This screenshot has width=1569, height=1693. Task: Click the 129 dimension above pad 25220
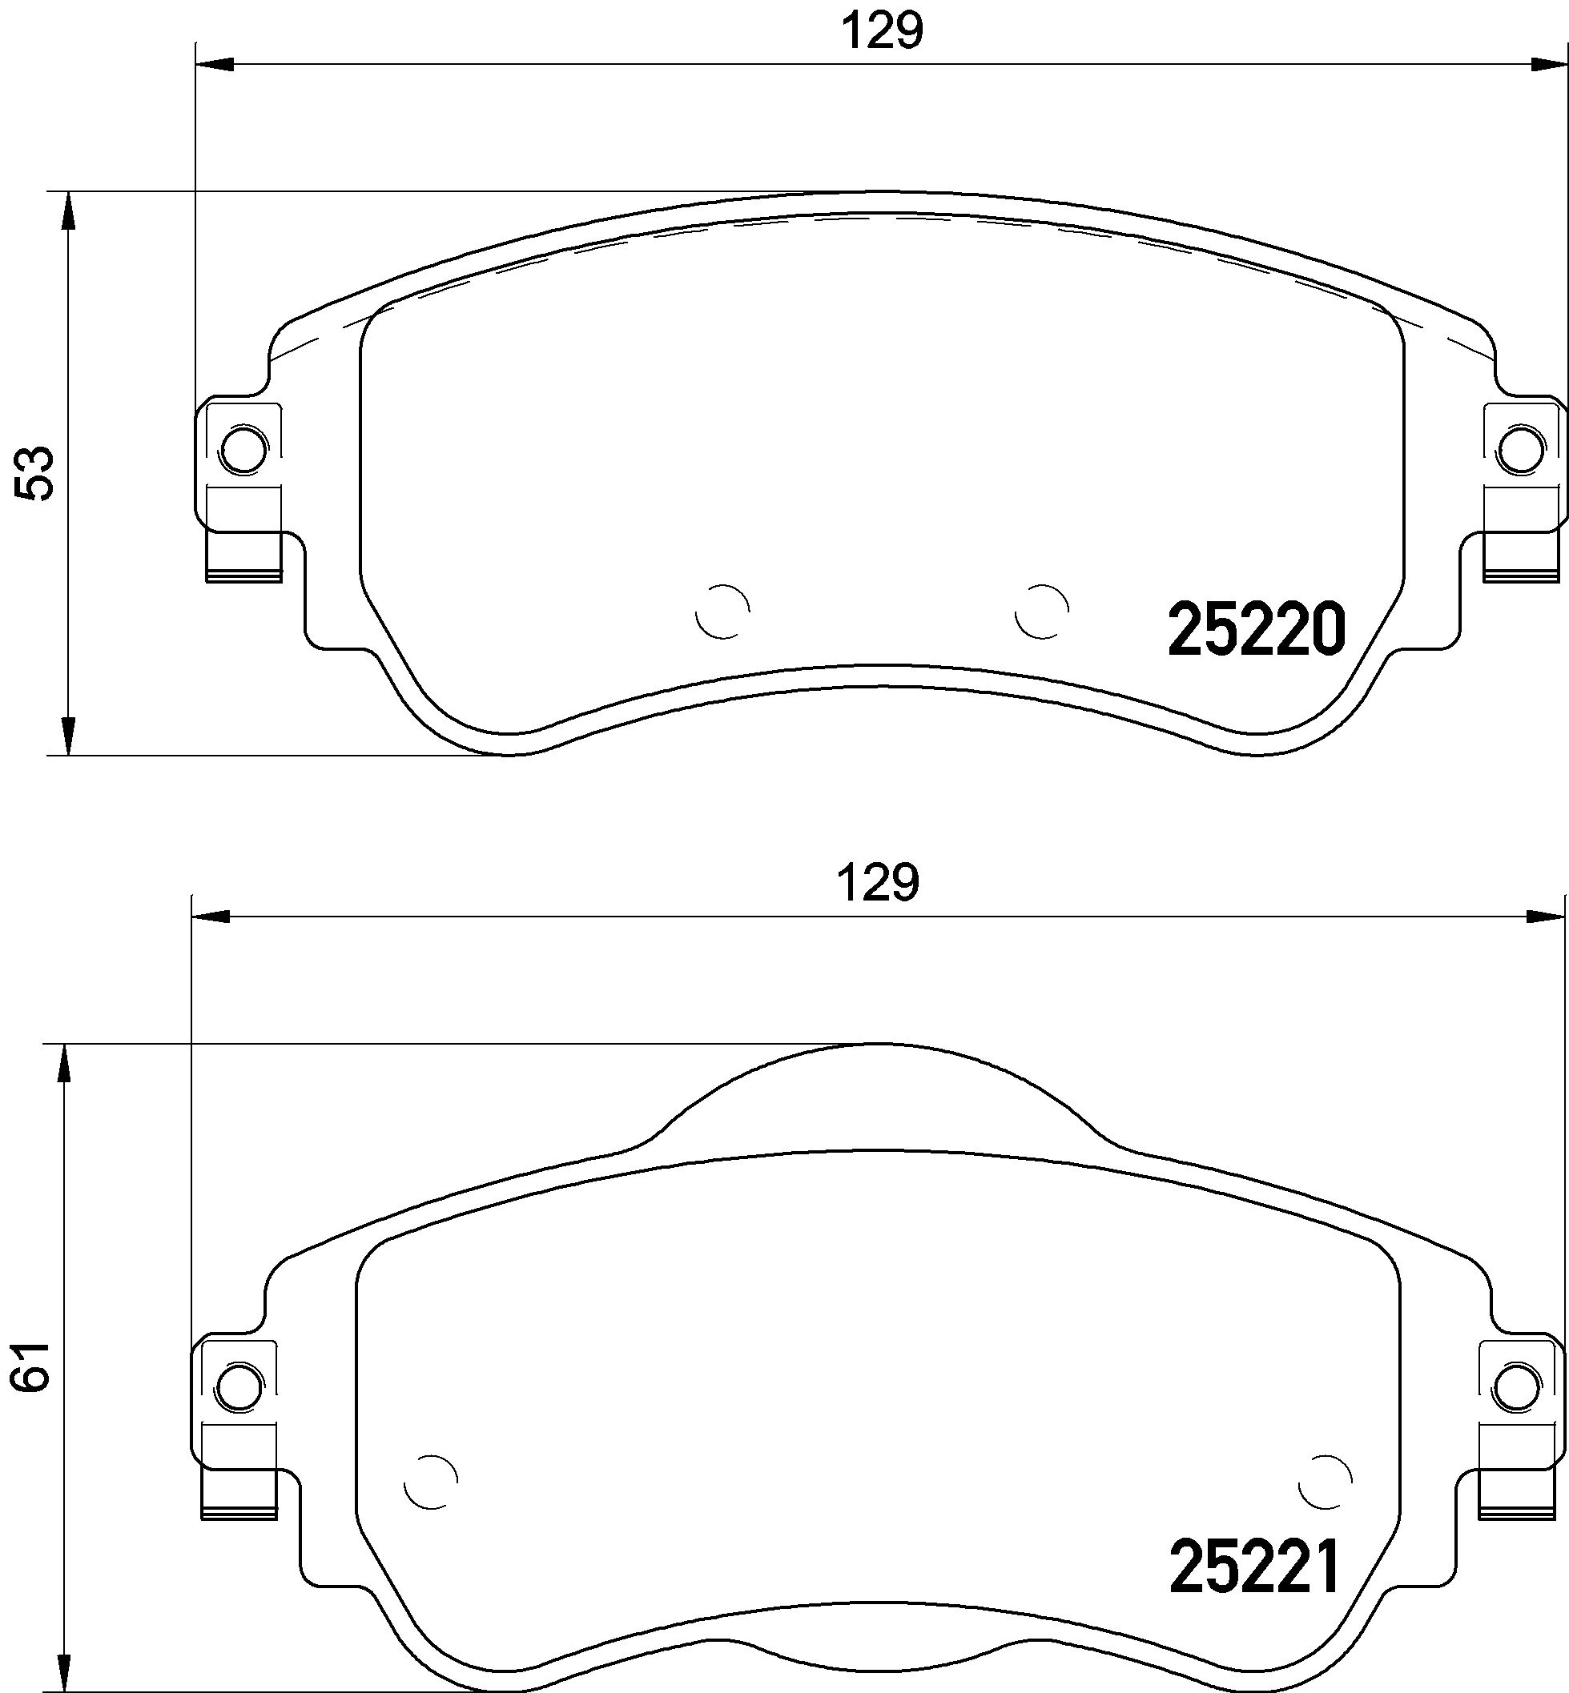[x=881, y=31]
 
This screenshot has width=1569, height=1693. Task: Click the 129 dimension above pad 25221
[x=878, y=883]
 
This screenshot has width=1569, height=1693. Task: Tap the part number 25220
[x=1257, y=630]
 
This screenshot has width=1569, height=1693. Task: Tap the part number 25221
[x=1255, y=1567]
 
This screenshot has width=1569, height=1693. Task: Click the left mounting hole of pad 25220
[x=243, y=450]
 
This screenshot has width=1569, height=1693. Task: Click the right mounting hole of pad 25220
[x=1520, y=450]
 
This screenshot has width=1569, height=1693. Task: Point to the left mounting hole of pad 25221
[x=239, y=1387]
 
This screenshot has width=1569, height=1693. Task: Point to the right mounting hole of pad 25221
[x=1516, y=1387]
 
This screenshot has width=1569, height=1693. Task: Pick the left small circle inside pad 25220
[x=722, y=611]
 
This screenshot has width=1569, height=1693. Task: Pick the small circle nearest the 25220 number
[x=1042, y=611]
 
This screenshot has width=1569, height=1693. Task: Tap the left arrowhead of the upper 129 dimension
[x=214, y=65]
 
